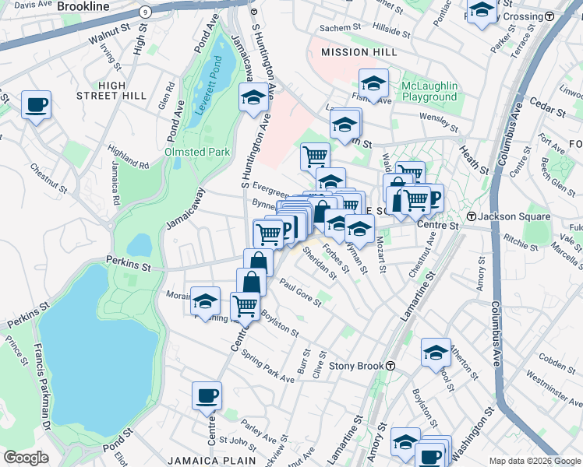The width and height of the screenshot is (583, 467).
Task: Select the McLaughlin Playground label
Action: [x=429, y=91]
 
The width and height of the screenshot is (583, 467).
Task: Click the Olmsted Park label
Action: [x=197, y=152]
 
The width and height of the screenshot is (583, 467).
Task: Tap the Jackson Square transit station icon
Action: [x=471, y=216]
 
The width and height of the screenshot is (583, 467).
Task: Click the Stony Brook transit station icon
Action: [x=390, y=366]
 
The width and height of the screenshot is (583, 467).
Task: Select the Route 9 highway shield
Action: [x=144, y=12]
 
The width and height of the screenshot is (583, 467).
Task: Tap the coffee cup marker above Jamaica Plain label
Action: [x=207, y=395]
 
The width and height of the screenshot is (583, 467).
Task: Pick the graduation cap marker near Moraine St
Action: [x=205, y=301]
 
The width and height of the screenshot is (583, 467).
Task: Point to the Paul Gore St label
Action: [x=300, y=293]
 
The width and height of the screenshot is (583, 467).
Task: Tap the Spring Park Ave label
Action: [x=268, y=367]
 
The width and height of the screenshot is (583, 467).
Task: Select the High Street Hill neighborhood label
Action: [x=111, y=90]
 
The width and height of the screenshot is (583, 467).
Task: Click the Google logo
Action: [x=26, y=458]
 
